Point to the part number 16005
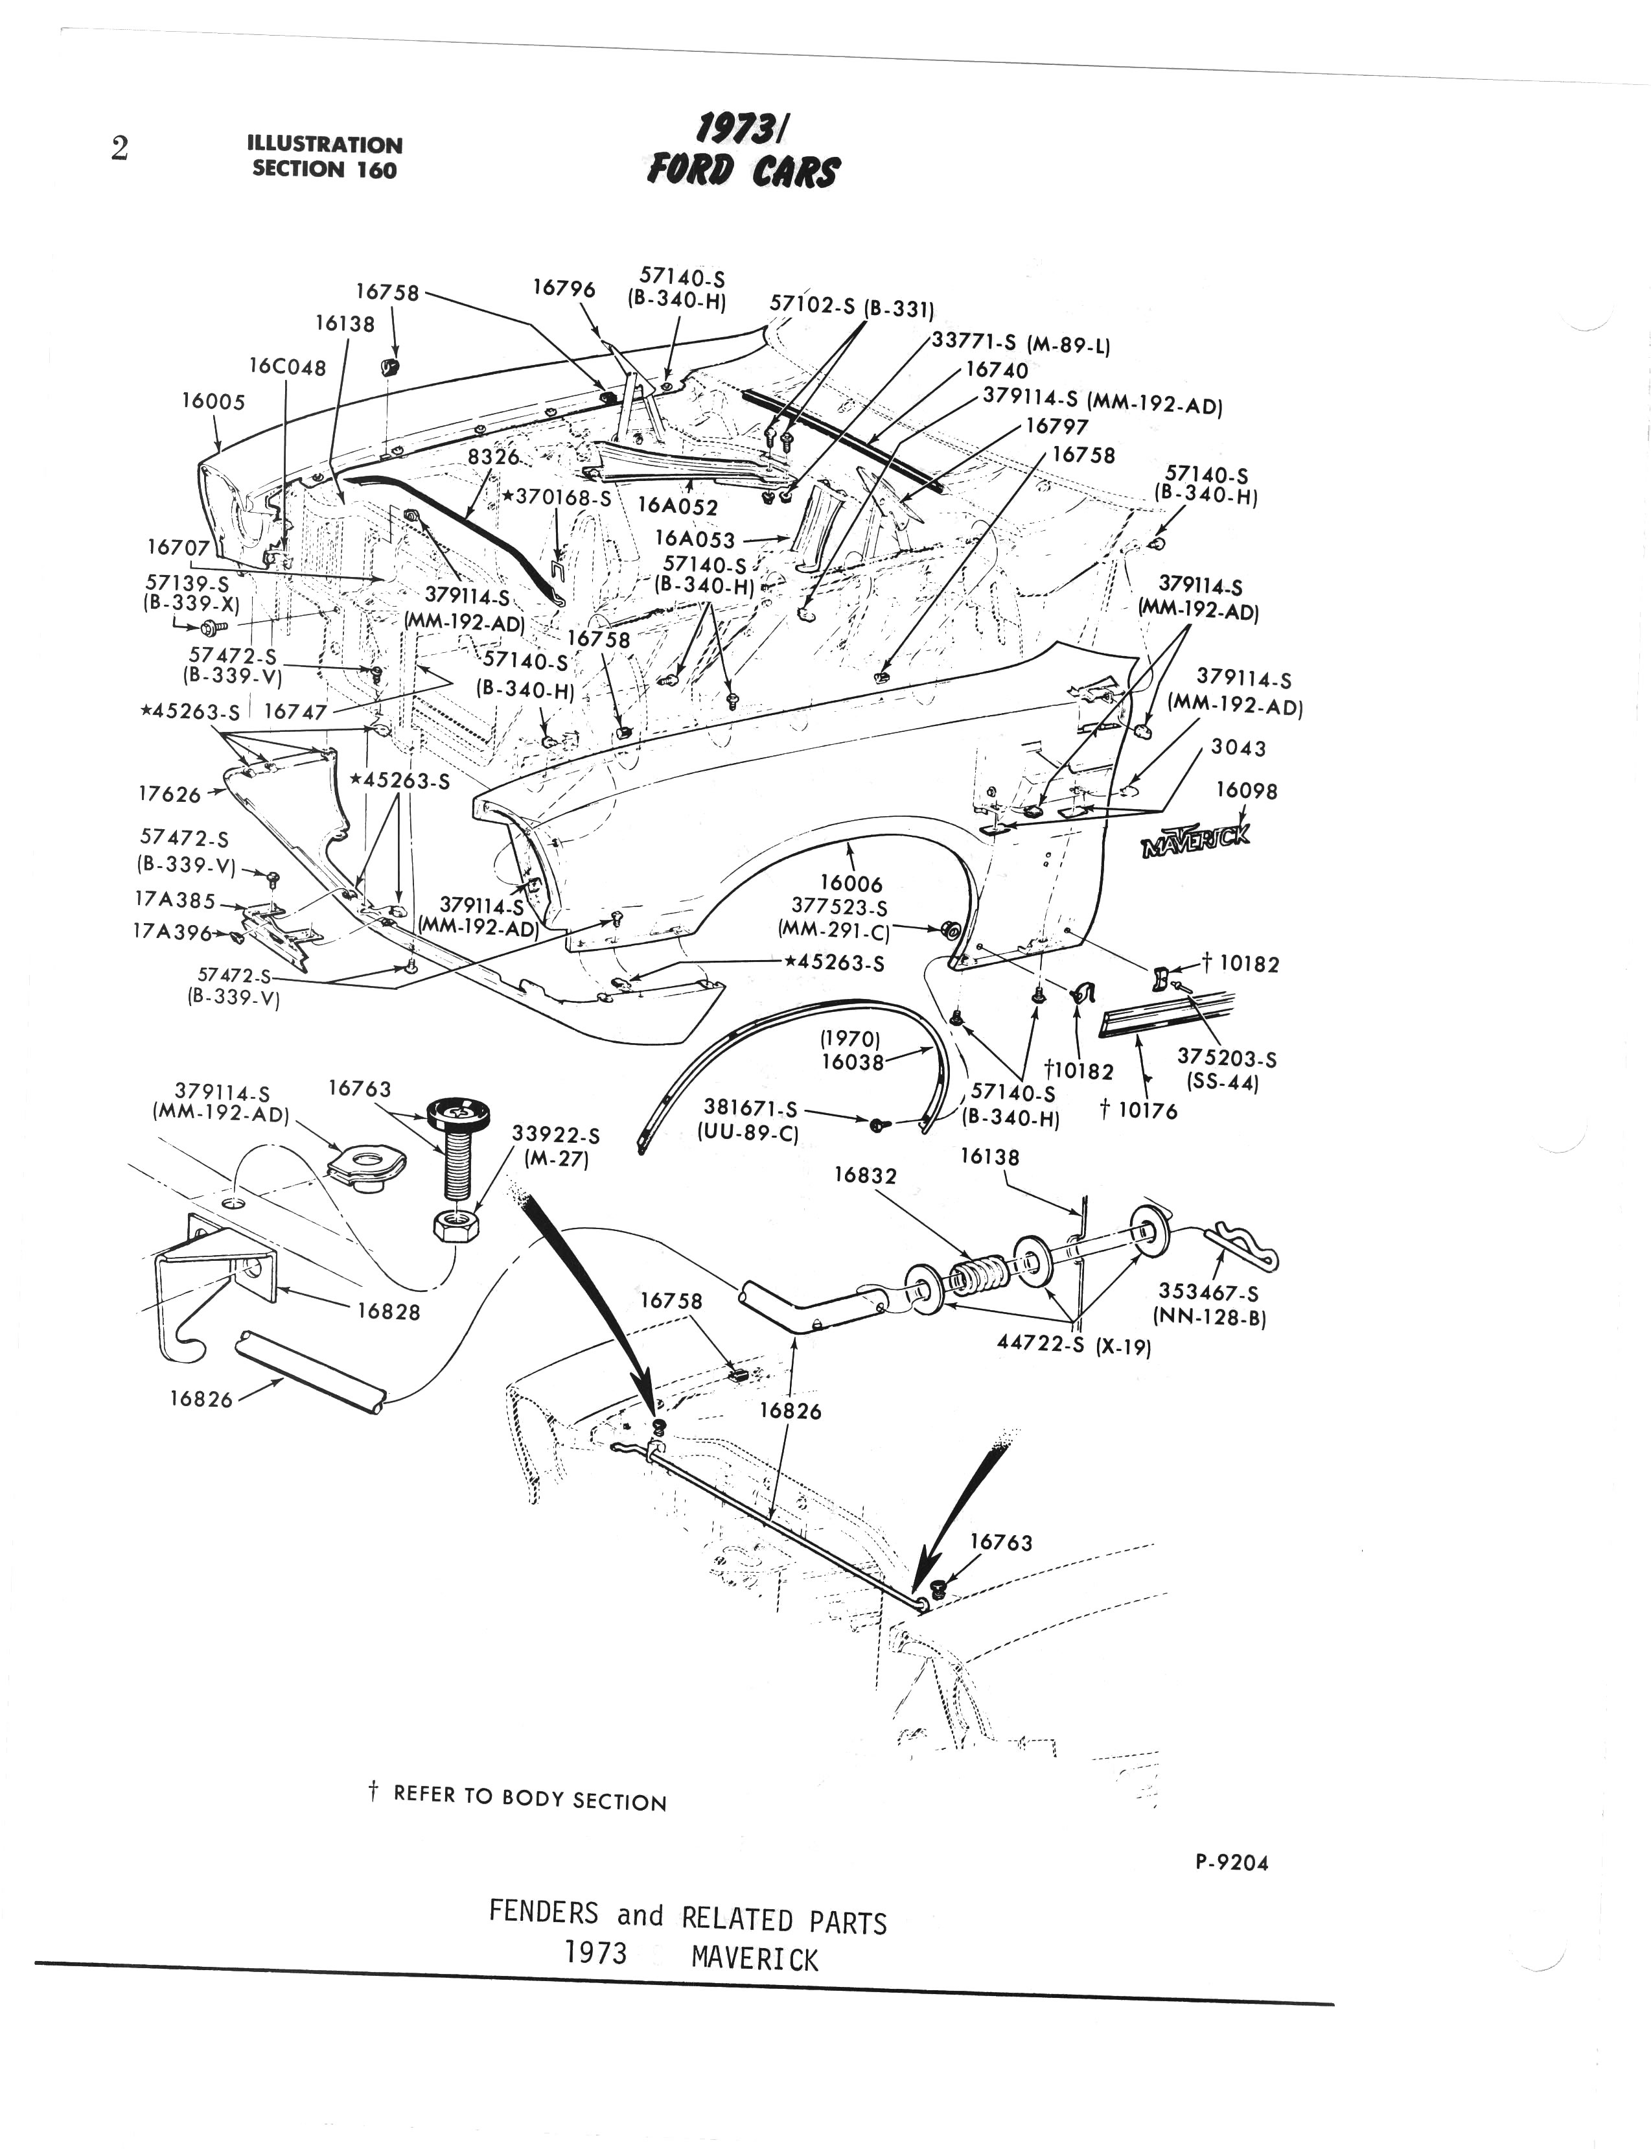pyautogui.click(x=213, y=401)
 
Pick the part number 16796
pyautogui.click(x=564, y=288)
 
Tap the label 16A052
pyautogui.click(x=677, y=507)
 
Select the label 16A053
pyautogui.click(x=694, y=540)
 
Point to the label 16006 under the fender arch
pyautogui.click(x=851, y=885)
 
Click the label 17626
pyautogui.click(x=169, y=794)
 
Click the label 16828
pyautogui.click(x=388, y=1312)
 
